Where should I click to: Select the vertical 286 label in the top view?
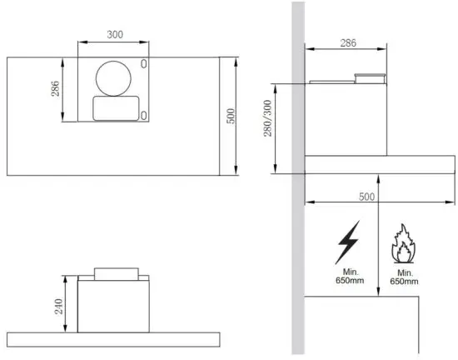point(56,88)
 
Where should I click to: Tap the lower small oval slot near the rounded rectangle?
point(144,114)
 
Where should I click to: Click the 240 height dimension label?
point(57,307)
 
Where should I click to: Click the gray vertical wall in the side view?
point(297,250)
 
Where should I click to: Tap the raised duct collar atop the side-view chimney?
point(371,79)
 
